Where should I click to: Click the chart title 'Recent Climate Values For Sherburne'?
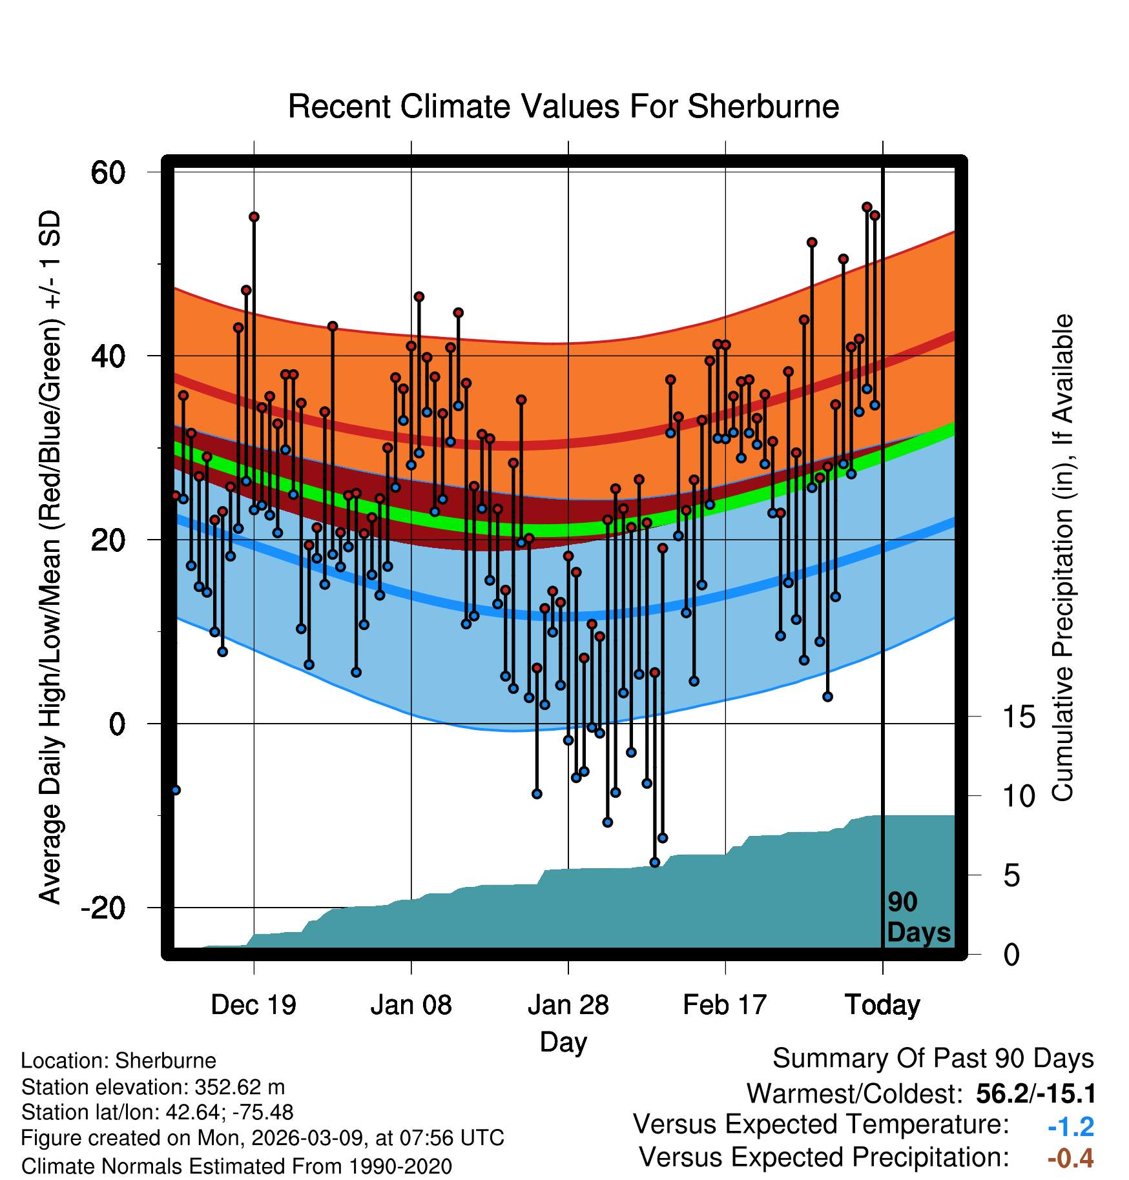click(563, 107)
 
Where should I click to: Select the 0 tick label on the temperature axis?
click(116, 724)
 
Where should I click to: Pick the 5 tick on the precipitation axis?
click(1011, 876)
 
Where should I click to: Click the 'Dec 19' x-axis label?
click(253, 1005)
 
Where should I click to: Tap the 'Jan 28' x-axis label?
click(568, 1005)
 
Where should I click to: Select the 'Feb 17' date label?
click(725, 1005)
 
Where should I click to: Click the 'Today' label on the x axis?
click(882, 1005)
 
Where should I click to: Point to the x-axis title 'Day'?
click(563, 1041)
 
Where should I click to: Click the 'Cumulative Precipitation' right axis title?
click(1062, 558)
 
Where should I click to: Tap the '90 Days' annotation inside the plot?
click(918, 917)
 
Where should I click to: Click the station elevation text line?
click(153, 1087)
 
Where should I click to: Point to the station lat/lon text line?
click(157, 1112)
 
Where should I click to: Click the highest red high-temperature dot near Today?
click(867, 207)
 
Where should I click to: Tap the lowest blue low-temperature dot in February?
click(655, 862)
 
